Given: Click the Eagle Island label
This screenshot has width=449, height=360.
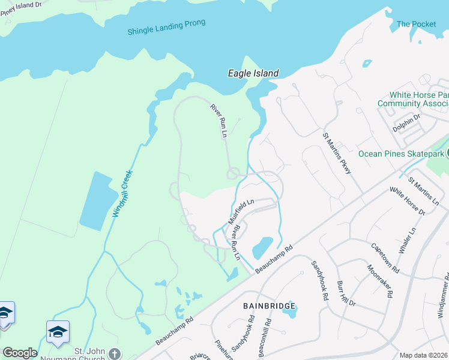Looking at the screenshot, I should click(x=253, y=73).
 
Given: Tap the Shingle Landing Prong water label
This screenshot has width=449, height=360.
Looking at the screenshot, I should click(x=166, y=27).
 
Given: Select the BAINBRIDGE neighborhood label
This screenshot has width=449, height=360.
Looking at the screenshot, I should click(x=270, y=306).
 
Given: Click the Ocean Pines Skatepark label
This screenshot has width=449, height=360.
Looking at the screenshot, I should click(x=401, y=154).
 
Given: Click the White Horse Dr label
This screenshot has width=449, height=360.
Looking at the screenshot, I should click(x=407, y=201).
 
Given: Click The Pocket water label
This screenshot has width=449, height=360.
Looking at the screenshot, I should click(x=416, y=24).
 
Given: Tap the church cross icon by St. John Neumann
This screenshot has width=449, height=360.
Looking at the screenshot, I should click(x=115, y=354).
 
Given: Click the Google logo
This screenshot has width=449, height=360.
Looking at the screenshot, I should click(x=20, y=353).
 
